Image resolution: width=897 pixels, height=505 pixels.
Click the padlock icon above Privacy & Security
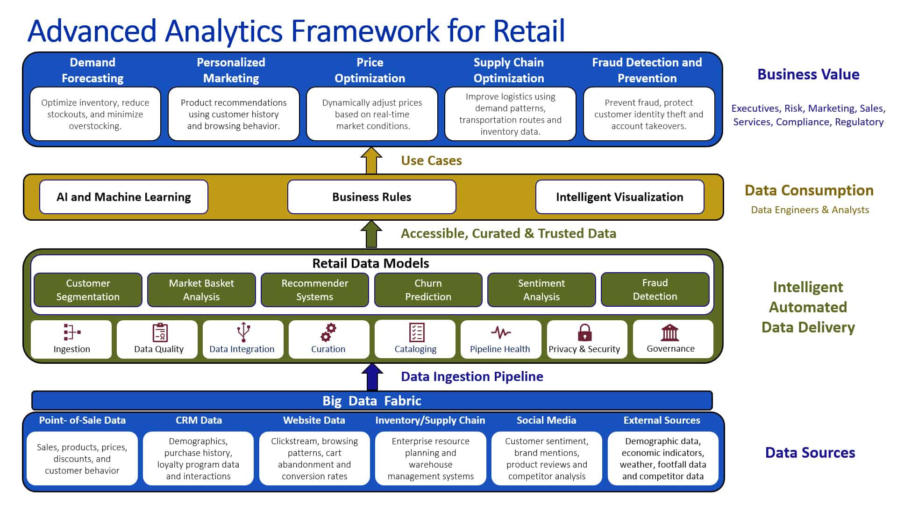(x=584, y=332)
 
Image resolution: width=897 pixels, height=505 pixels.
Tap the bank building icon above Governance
(x=670, y=332)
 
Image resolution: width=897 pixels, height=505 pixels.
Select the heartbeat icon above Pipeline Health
(x=500, y=332)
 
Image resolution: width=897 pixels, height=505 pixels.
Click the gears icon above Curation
(x=328, y=332)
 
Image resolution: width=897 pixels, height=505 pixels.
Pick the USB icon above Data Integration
(x=243, y=332)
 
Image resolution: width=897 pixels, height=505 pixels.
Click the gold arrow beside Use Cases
(x=371, y=161)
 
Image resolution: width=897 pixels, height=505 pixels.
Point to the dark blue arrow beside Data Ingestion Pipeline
(x=372, y=377)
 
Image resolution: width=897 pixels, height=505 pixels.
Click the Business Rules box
(x=371, y=197)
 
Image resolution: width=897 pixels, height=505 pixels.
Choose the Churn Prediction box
(x=428, y=290)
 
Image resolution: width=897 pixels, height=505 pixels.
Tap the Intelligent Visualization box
(x=619, y=197)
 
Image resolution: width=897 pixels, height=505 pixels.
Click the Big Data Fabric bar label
(x=371, y=401)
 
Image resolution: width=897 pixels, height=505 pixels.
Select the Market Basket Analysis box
(x=201, y=290)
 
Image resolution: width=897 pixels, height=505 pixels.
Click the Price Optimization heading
(x=370, y=70)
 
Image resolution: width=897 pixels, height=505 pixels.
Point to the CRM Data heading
(x=199, y=420)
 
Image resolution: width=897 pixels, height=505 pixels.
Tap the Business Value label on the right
(x=808, y=74)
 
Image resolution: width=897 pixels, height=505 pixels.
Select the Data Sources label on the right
(x=810, y=453)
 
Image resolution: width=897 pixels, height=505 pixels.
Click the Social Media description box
(x=547, y=458)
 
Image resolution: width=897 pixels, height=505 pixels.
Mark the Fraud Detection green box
(x=655, y=289)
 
